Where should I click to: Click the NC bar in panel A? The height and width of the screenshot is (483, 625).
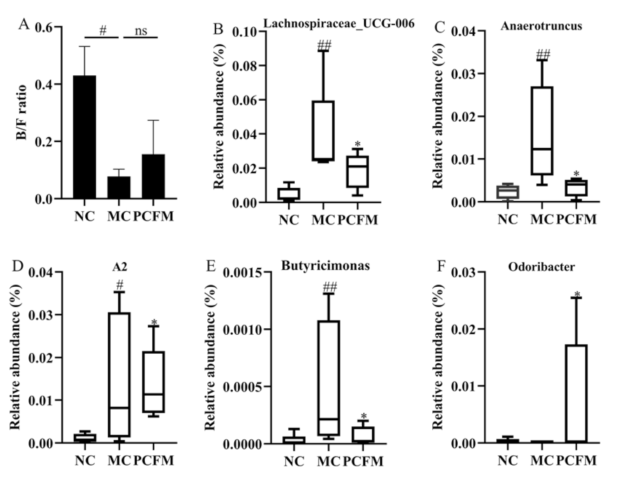tap(84, 137)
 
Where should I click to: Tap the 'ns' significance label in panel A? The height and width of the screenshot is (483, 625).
tap(141, 31)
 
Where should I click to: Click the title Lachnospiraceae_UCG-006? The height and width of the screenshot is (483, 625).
tap(339, 23)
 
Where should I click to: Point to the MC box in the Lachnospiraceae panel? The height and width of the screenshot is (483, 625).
tap(323, 131)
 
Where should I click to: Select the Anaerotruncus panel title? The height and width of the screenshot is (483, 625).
tap(541, 26)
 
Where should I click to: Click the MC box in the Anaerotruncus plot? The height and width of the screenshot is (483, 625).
tap(541, 131)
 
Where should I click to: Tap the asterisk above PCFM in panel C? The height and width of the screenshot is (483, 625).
tap(576, 174)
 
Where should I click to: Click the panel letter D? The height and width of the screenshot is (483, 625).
tap(17, 266)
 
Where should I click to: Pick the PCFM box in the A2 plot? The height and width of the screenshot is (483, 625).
tap(153, 382)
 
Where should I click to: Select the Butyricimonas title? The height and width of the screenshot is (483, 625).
tap(325, 265)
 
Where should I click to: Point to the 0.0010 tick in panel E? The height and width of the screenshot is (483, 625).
tap(242, 330)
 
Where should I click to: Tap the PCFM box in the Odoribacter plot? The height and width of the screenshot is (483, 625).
tap(576, 393)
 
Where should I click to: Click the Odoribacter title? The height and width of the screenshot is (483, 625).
tap(541, 267)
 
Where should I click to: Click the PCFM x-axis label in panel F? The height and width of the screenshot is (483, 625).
tap(576, 460)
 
